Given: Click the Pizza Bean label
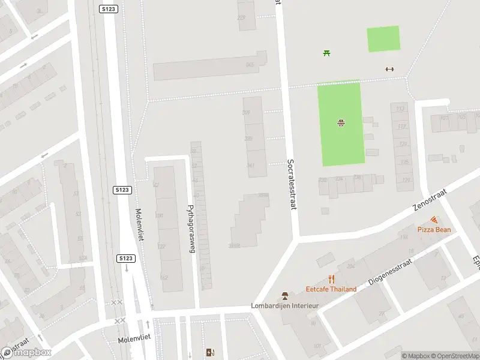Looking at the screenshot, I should (434, 230).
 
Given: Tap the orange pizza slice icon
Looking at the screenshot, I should (434, 220).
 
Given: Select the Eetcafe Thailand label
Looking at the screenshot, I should (331, 289).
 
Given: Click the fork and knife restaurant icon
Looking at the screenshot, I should (331, 279).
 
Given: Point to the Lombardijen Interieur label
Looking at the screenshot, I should (284, 306).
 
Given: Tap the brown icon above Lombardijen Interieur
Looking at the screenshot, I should (285, 296).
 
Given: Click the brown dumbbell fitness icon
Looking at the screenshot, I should (389, 69).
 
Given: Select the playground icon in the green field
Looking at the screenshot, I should (341, 123).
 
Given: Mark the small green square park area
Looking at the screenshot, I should (383, 38).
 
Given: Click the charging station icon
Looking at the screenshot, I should (209, 352).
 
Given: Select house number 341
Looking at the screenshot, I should (250, 166).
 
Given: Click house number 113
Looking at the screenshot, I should (400, 109).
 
